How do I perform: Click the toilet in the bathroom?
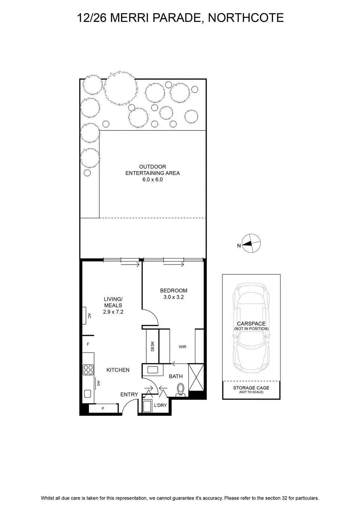(x=181, y=390)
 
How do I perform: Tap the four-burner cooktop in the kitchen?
(x=88, y=370)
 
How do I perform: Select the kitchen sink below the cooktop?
(x=87, y=394)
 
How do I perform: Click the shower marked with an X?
(x=196, y=377)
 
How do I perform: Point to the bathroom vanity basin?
(x=152, y=370)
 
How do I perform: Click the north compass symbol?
(x=251, y=243)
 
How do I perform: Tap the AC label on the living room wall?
(x=89, y=316)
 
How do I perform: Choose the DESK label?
(x=152, y=346)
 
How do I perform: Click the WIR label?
(x=183, y=347)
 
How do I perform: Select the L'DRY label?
(x=160, y=405)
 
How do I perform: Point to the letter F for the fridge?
(x=88, y=344)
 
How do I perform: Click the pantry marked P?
(x=103, y=408)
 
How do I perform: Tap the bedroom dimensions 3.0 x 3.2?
(x=174, y=297)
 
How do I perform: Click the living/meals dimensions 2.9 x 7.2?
(x=113, y=312)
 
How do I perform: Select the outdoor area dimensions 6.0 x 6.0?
(x=153, y=179)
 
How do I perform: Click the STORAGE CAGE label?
(x=251, y=388)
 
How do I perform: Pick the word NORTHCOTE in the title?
(x=246, y=18)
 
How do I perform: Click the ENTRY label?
(x=129, y=394)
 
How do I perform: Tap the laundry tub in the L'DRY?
(x=147, y=406)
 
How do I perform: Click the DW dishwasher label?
(x=99, y=383)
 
